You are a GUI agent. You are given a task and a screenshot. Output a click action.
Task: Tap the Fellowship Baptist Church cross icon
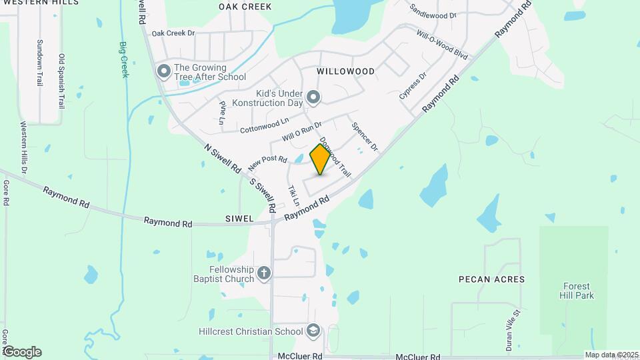264,273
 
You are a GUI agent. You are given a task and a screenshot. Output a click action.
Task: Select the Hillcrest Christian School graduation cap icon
313,331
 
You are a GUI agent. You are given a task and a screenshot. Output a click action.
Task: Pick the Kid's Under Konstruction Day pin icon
314,98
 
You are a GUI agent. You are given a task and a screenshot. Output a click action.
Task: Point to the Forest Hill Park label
577,291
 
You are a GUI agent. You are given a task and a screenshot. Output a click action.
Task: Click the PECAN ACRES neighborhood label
491,279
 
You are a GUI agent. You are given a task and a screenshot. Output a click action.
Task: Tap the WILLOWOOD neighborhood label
345,71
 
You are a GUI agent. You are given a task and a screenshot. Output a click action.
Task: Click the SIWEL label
239,218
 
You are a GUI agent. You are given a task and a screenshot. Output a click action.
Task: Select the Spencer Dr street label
365,136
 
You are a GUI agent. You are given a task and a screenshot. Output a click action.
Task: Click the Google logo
21,352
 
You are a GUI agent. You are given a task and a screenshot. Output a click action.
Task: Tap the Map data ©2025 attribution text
611,355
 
